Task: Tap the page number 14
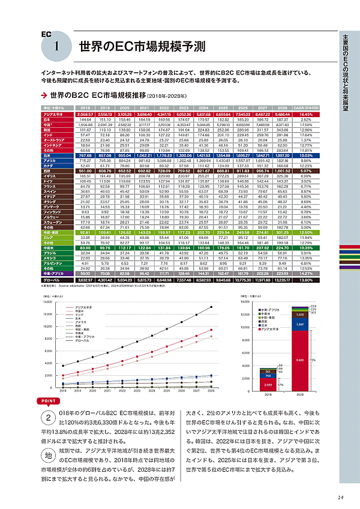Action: (340, 496)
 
